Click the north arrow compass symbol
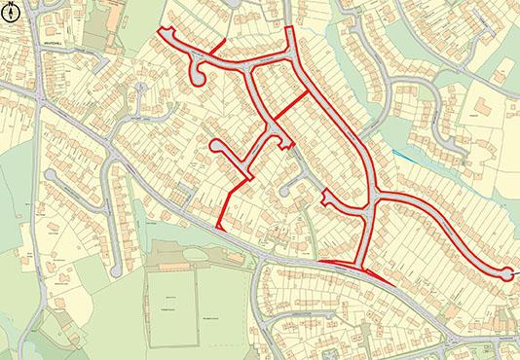coord(13,14)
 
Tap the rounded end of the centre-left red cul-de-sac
coord(215,147)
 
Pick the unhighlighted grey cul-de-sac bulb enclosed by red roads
coord(285,191)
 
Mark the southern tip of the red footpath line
coord(223,226)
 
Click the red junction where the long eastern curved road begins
coord(376,199)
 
